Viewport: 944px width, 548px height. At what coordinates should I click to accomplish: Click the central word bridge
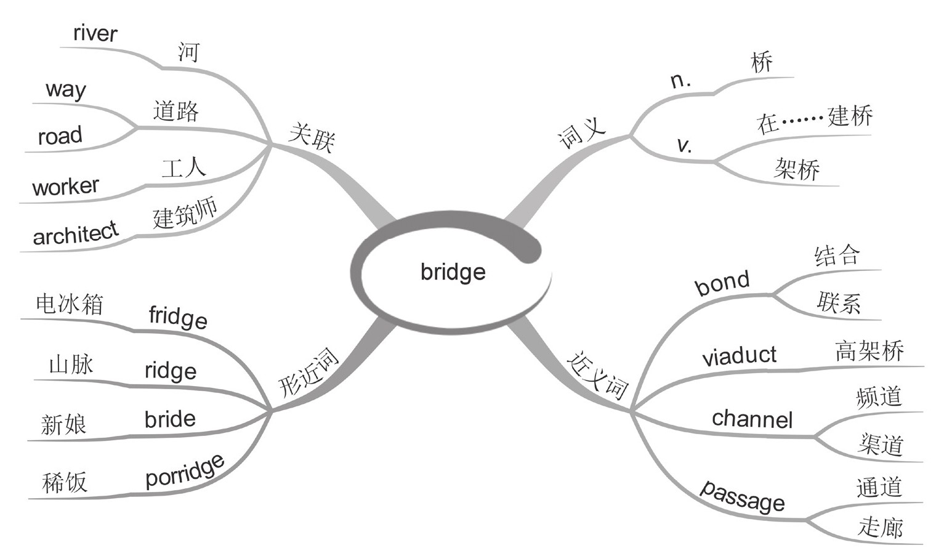[453, 272]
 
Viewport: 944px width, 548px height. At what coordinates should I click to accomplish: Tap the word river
[95, 33]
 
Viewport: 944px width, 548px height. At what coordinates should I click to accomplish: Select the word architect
[75, 233]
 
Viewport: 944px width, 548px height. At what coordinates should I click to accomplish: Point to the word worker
[65, 186]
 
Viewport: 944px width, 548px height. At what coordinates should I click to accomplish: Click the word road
[60, 136]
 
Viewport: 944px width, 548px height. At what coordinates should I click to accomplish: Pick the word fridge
[178, 317]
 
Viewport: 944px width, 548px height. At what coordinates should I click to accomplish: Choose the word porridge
[185, 471]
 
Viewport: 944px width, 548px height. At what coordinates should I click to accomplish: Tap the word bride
[170, 419]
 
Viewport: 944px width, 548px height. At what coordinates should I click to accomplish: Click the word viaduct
[739, 356]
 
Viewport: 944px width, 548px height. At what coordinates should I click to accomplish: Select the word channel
[752, 419]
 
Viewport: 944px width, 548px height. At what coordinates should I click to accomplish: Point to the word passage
[743, 496]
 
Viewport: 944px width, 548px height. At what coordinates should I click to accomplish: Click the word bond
[722, 283]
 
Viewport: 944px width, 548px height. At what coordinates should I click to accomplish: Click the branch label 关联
[312, 137]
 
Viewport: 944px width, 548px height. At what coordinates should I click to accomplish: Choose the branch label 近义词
[597, 375]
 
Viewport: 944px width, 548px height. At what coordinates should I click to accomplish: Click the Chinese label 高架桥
[869, 351]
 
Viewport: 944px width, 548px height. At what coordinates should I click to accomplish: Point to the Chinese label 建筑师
[185, 215]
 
